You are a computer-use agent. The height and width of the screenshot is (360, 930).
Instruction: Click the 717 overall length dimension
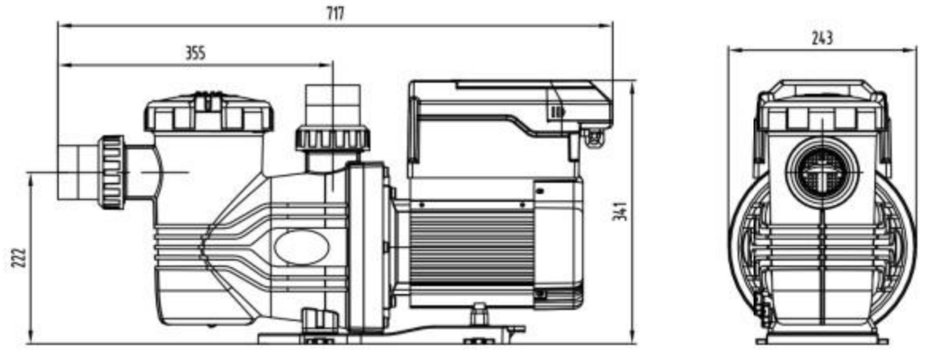point(335,14)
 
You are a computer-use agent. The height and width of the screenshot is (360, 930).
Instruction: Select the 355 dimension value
point(195,53)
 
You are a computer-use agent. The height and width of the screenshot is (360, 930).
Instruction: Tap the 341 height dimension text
point(619,211)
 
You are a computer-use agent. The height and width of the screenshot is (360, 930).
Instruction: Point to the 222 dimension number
point(18,257)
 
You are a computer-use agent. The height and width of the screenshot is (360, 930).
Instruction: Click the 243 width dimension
point(822,39)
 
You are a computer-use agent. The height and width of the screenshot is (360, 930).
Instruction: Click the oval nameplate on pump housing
point(302,246)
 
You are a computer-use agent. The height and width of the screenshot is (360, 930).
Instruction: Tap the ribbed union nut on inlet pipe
point(111,172)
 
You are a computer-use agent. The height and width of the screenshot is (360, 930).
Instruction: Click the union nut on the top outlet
point(332,137)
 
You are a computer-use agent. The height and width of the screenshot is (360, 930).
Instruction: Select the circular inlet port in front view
point(822,172)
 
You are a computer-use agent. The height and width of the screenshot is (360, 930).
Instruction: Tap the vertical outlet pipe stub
point(333,105)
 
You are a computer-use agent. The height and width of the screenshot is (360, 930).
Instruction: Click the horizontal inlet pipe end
point(78,172)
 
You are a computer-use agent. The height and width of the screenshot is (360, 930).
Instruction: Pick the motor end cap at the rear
point(557,244)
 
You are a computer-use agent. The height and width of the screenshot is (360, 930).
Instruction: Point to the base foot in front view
point(822,339)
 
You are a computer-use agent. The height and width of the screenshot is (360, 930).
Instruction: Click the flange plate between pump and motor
point(368,246)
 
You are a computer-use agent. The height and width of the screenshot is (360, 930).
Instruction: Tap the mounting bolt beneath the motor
point(479,315)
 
